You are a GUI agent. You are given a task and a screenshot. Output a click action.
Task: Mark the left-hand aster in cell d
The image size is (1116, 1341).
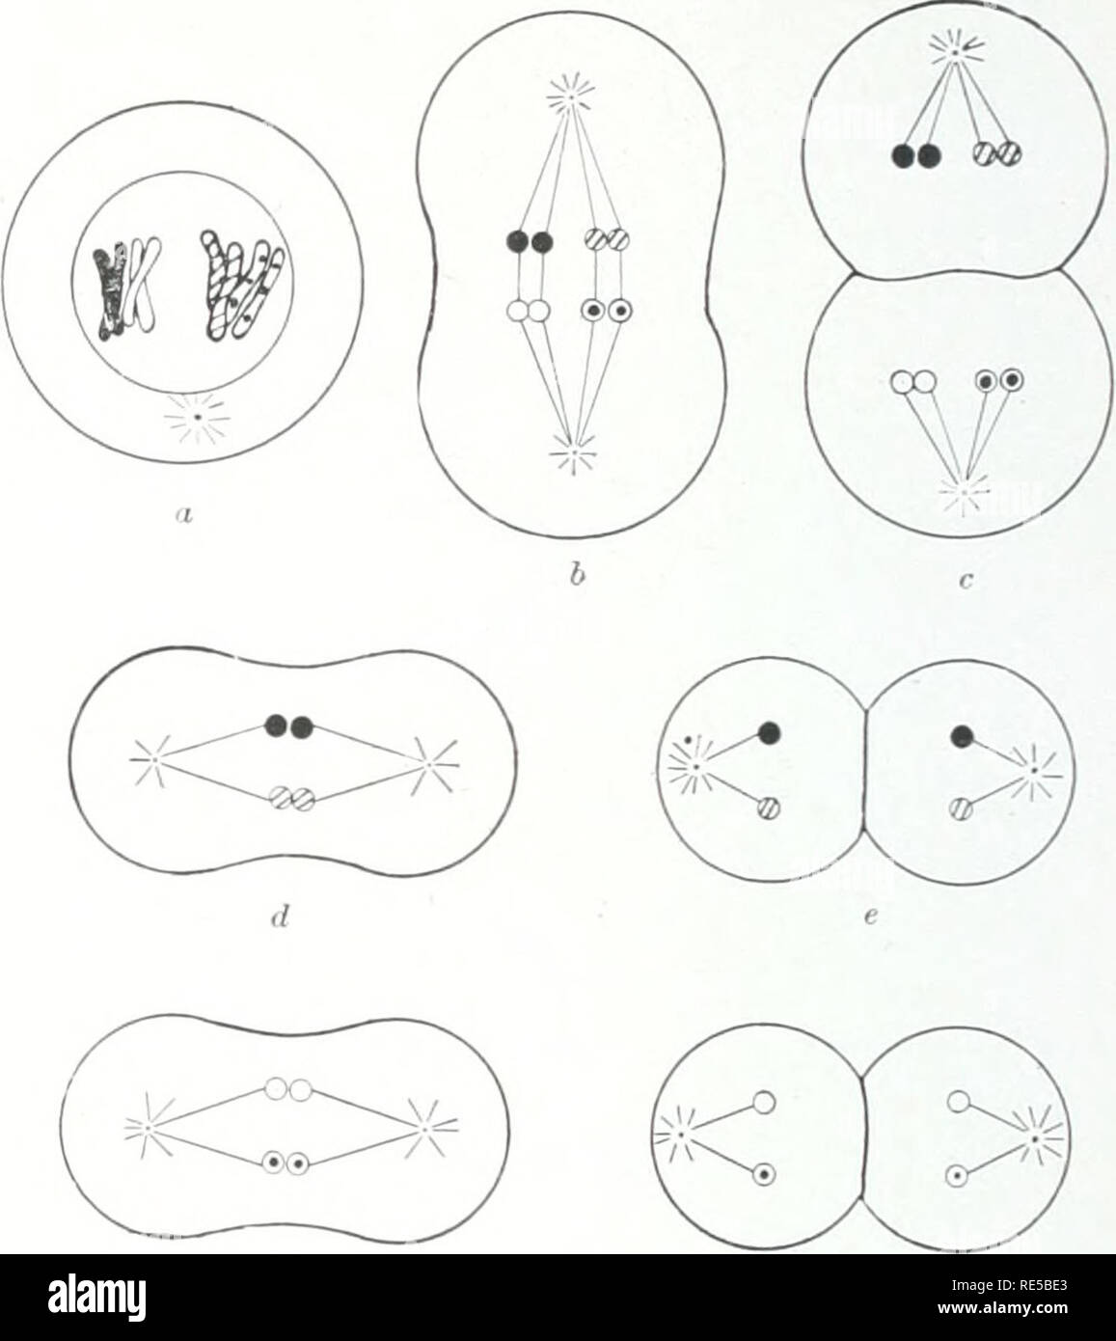point(153,759)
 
